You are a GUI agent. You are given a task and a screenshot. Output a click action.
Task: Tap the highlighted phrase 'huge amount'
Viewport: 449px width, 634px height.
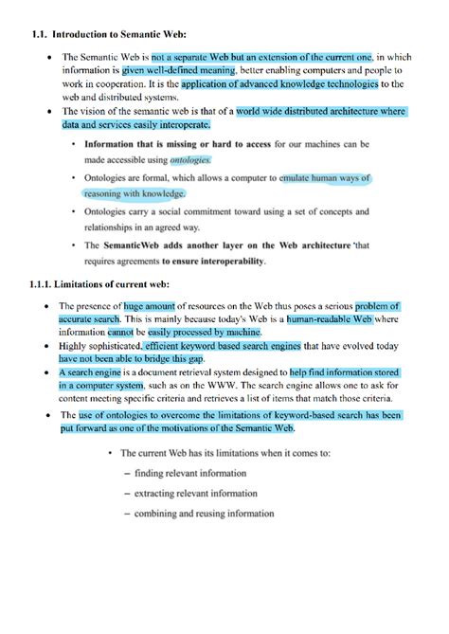[x=150, y=307]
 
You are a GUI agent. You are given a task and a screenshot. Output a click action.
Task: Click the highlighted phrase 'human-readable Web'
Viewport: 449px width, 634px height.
[x=328, y=320]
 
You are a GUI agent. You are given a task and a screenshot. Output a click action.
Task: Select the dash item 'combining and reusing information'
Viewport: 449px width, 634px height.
[x=205, y=514]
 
